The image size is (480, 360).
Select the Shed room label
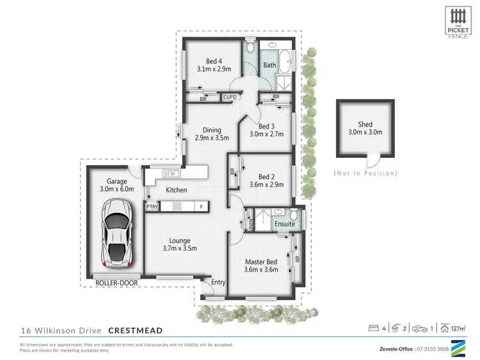point(365,125)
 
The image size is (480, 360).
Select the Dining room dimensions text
point(208,137)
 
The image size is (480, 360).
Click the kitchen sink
point(171,173)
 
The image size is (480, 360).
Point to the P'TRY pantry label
point(152,207)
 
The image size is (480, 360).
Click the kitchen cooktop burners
point(177,206)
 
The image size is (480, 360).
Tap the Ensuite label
point(285,224)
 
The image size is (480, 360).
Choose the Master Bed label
point(261,261)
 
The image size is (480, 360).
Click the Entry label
point(218,282)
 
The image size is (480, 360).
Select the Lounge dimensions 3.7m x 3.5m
point(179,248)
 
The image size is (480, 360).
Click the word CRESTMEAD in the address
point(134,331)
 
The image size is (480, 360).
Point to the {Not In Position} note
point(365,173)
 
